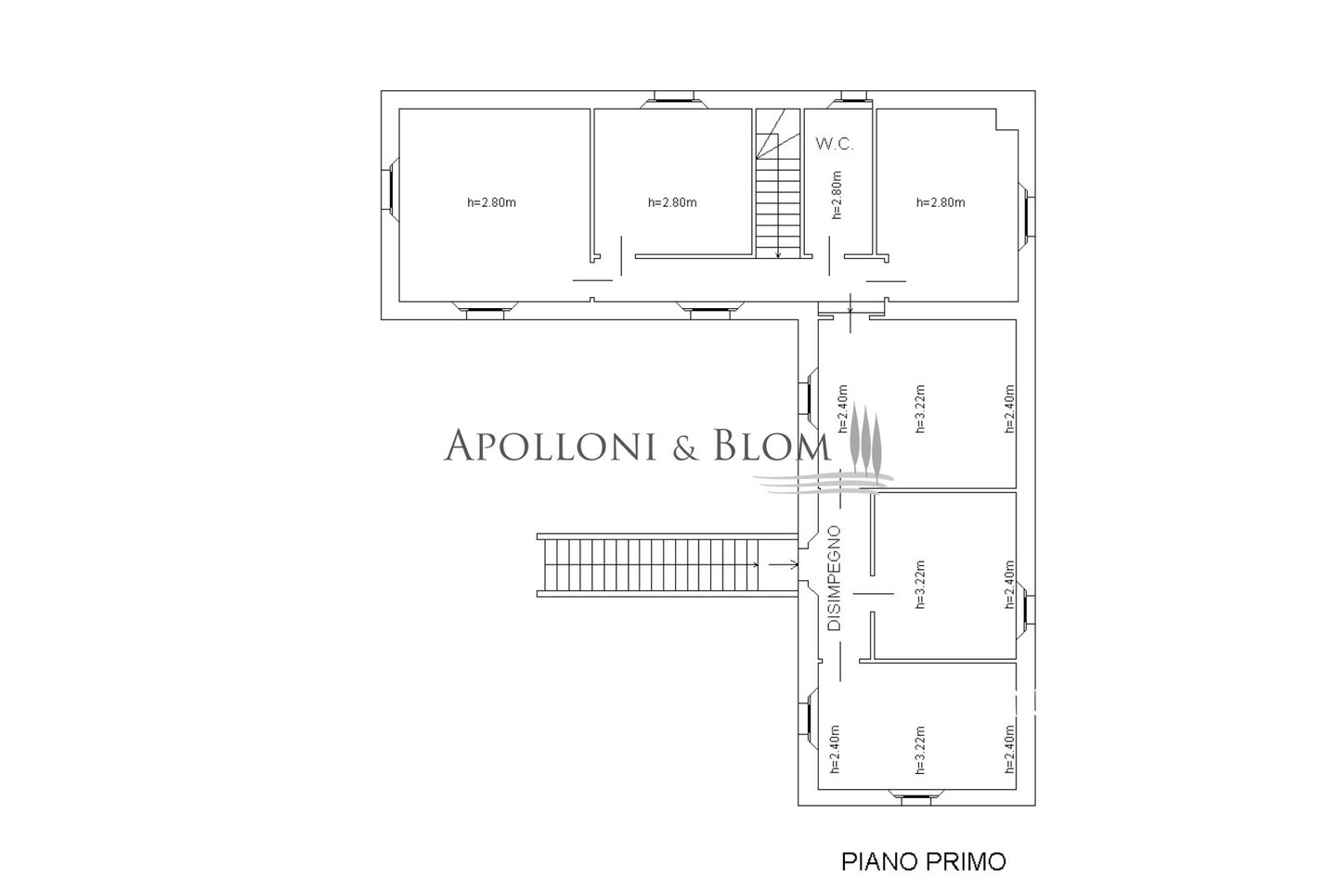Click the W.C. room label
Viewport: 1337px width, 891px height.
tap(835, 144)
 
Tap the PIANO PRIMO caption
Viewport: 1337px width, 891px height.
tap(923, 861)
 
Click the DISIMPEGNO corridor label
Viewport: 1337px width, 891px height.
tap(835, 578)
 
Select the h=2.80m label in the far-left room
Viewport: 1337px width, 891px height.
tap(491, 202)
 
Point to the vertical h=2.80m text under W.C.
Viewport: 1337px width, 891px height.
tap(837, 195)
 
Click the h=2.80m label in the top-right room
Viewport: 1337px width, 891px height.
tap(941, 202)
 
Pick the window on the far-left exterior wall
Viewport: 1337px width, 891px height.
tap(390, 188)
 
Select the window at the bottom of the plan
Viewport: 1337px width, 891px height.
tap(915, 797)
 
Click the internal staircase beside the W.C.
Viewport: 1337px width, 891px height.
tap(778, 183)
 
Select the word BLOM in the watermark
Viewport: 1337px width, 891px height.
tap(772, 445)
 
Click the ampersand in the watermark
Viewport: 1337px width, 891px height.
tap(686, 447)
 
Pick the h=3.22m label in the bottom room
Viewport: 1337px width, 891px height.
tap(920, 750)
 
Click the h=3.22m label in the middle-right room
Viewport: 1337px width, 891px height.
tap(920, 584)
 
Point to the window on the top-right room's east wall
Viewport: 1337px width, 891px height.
tap(1026, 215)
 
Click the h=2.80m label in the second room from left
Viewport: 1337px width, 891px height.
tap(672, 202)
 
